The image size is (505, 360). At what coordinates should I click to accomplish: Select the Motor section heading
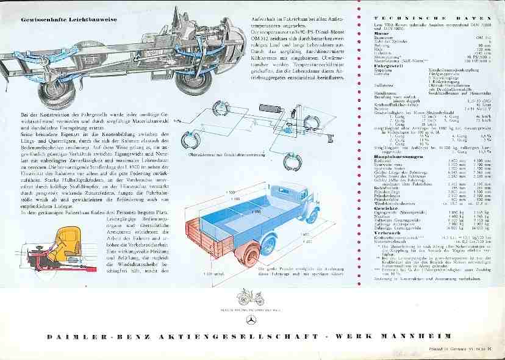[382, 34]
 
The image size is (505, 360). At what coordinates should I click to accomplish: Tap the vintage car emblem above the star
[250, 297]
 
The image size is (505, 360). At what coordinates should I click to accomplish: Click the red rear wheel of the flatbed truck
[249, 253]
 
